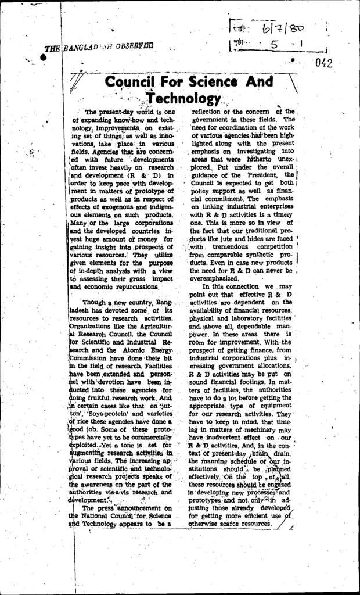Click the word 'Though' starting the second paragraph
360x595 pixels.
point(96,303)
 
